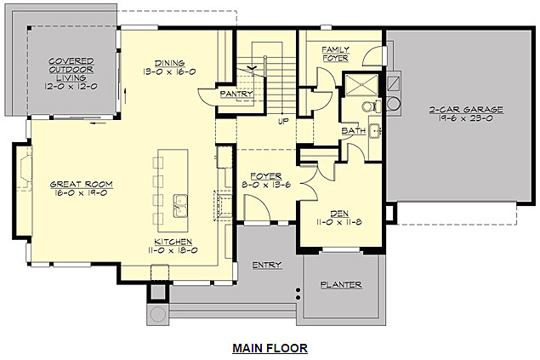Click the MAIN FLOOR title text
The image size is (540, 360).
[x=270, y=348]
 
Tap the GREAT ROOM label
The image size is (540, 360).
[x=81, y=184]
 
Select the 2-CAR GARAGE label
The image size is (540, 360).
[x=467, y=110]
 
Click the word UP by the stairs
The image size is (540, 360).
[x=284, y=121]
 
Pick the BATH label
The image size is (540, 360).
[x=353, y=131]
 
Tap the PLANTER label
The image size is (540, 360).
[x=341, y=284]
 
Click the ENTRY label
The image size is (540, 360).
[x=267, y=266]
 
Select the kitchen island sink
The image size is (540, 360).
[x=181, y=205]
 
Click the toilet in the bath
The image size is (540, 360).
[x=368, y=107]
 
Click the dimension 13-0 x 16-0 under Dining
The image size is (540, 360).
[x=169, y=72]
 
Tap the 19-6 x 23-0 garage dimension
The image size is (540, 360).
[x=467, y=120]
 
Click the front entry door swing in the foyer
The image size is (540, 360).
[x=254, y=207]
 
